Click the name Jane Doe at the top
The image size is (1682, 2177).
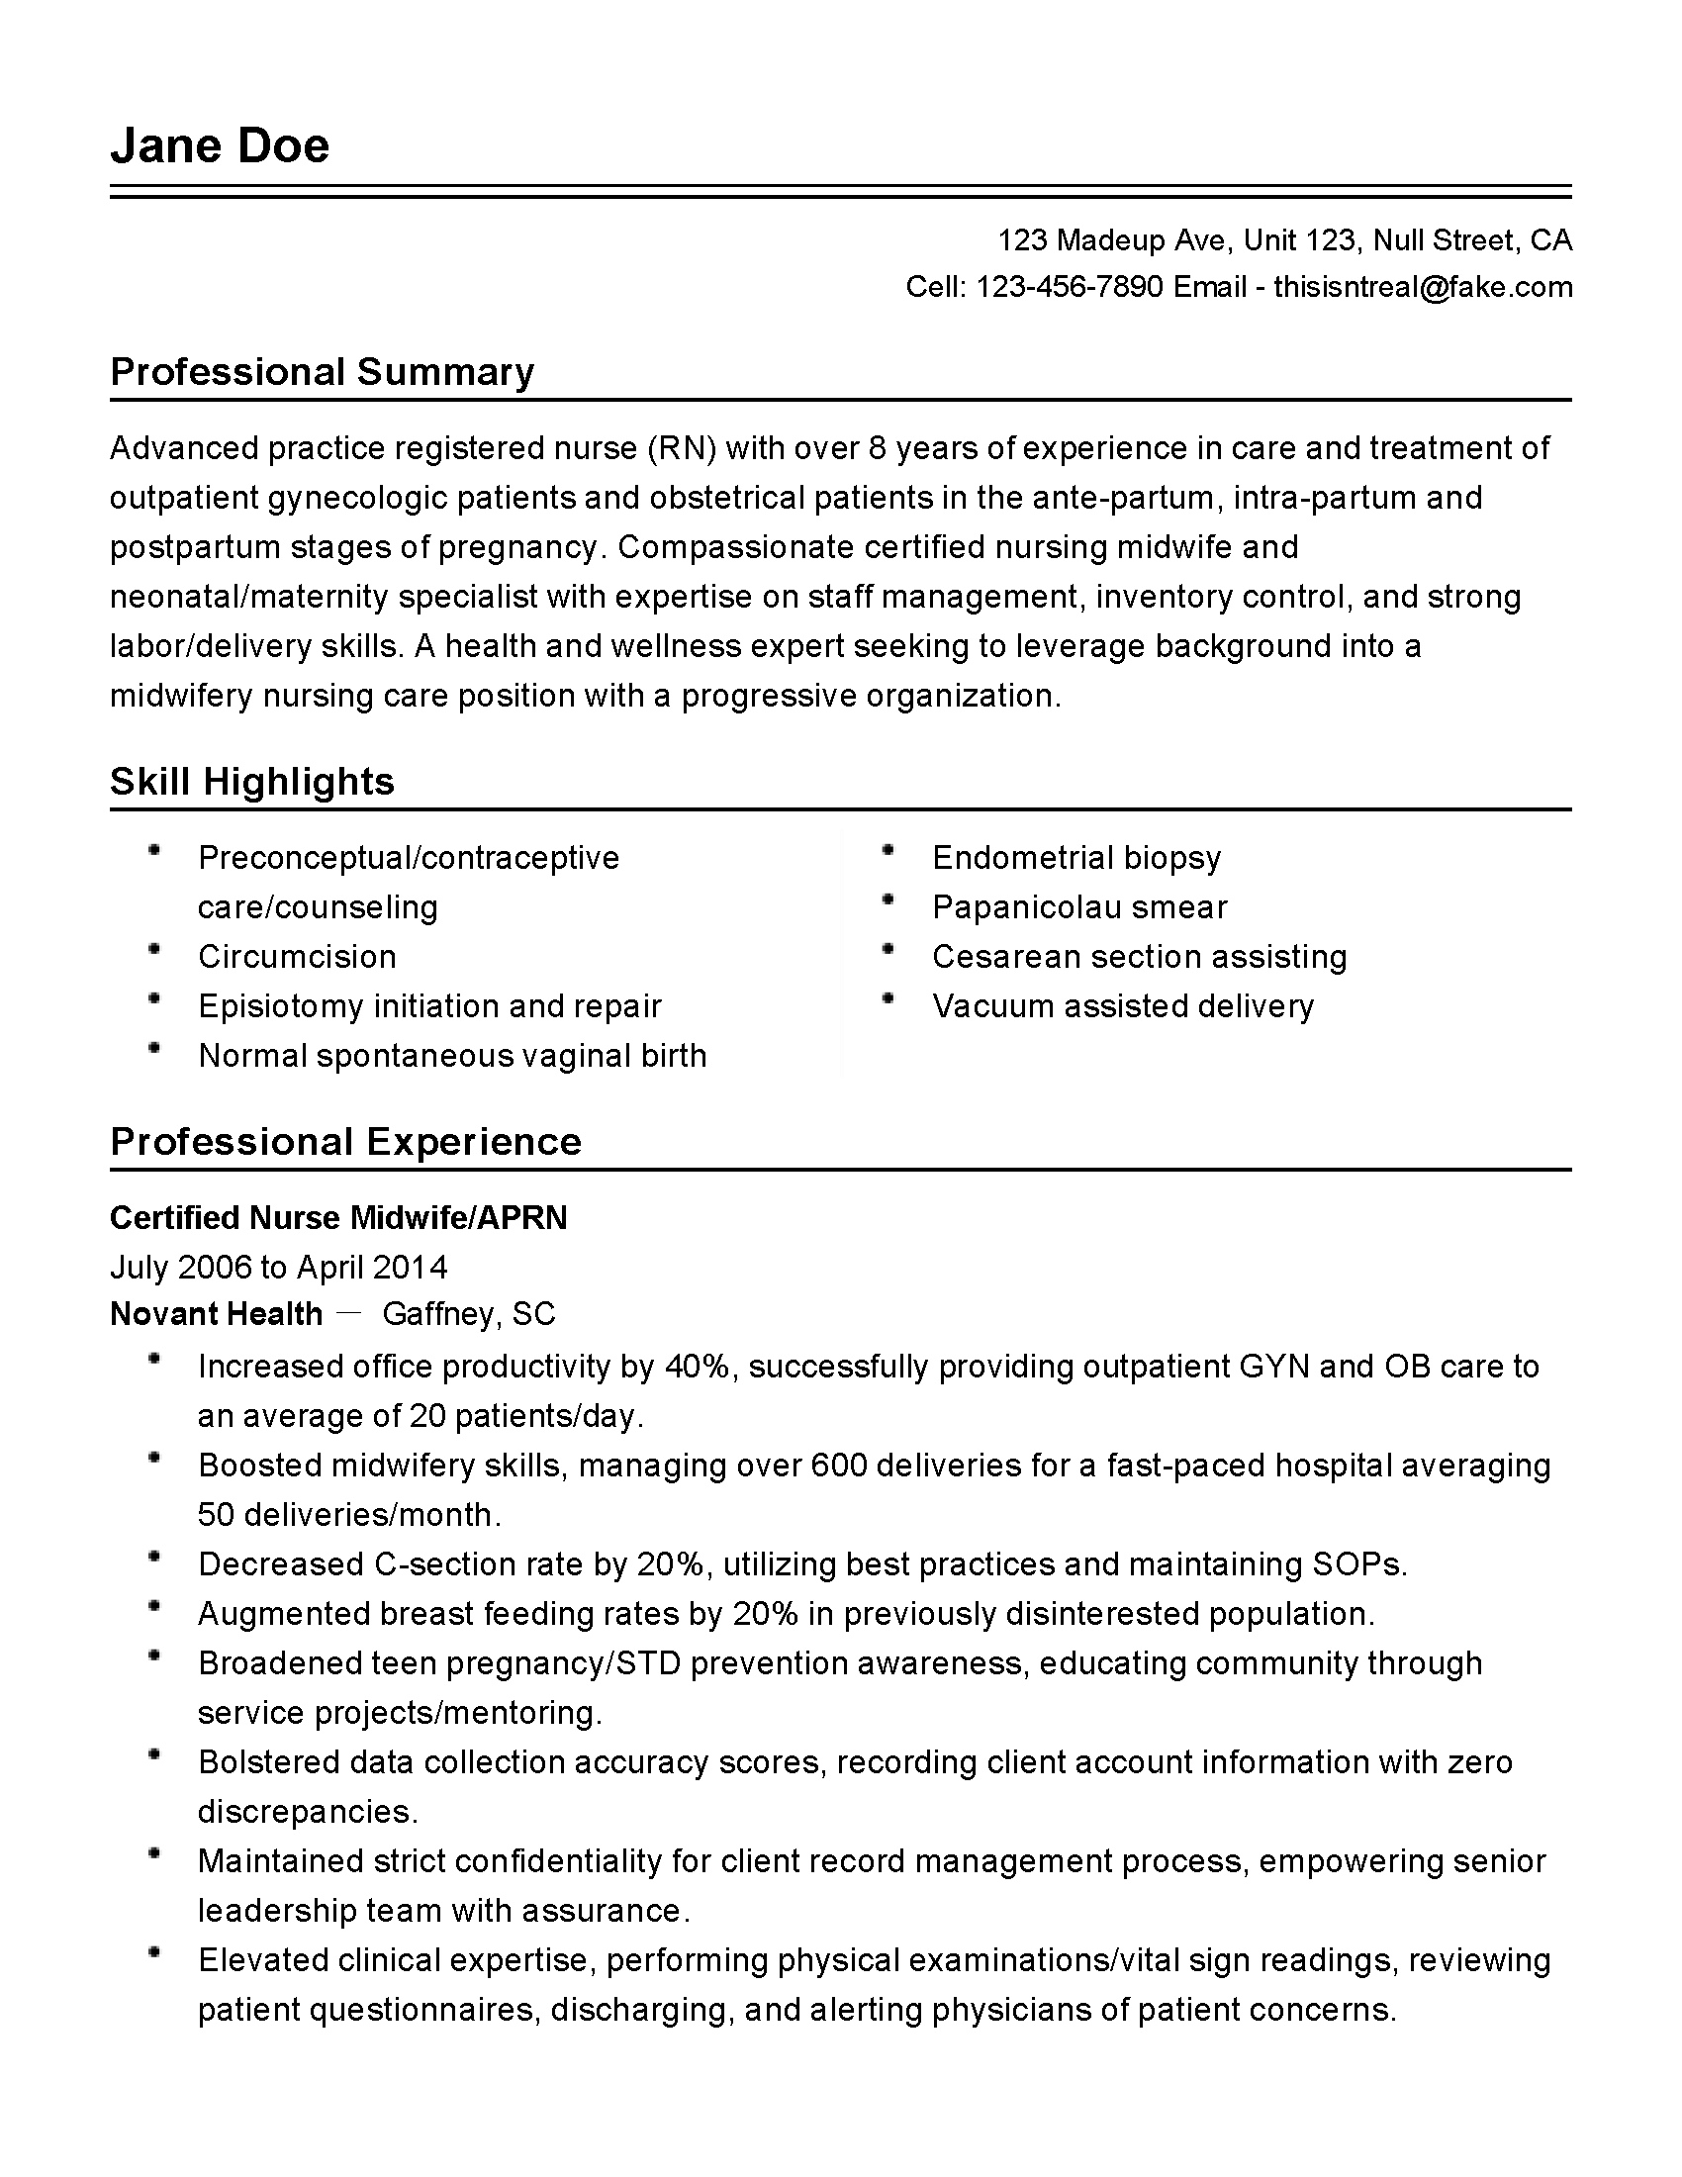[220, 145]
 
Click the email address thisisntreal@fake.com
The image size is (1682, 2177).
[1423, 287]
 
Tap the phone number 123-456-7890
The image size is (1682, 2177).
[1070, 287]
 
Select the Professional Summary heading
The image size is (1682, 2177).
[322, 372]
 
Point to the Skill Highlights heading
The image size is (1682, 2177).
[252, 782]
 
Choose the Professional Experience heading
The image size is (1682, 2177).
[344, 1141]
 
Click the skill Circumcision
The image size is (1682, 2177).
[297, 957]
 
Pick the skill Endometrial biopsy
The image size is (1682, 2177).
[1076, 858]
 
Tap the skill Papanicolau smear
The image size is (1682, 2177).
[1079, 907]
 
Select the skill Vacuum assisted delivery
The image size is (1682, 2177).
[1123, 1006]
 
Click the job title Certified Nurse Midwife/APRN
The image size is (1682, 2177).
[337, 1218]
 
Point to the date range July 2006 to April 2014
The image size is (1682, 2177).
[279, 1267]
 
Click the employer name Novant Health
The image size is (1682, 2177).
[217, 1315]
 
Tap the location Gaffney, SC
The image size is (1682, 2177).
[468, 1315]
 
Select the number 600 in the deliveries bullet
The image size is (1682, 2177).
[839, 1466]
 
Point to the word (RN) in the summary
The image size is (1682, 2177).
[683, 449]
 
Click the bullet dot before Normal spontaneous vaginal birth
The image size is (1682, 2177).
[153, 1048]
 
